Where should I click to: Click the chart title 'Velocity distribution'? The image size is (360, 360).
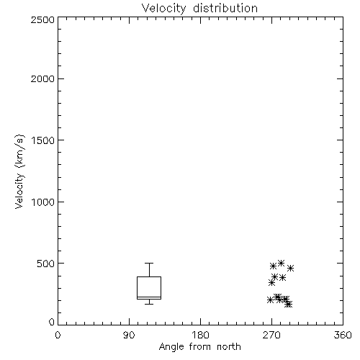tap(199, 8)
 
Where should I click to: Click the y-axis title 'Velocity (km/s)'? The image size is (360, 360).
tap(19, 171)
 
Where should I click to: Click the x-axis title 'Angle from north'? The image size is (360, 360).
tap(199, 346)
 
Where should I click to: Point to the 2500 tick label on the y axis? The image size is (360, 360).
tap(42, 19)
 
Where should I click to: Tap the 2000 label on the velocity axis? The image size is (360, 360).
tap(42, 78)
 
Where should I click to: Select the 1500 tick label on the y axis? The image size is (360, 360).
tap(43, 140)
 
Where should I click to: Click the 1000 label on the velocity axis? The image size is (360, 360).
tap(43, 202)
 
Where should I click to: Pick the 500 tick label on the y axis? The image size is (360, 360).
tap(46, 264)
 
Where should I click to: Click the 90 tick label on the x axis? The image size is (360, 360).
tap(129, 335)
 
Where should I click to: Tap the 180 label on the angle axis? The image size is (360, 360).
tap(200, 335)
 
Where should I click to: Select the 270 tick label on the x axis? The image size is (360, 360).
tap(271, 335)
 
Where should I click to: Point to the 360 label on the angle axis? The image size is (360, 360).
tap(343, 335)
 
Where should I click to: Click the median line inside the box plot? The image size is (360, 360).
tap(149, 297)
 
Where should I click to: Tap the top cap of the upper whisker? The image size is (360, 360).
tap(149, 264)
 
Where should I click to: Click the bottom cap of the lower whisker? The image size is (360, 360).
tap(149, 304)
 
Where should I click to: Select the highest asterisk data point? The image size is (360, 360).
tap(281, 264)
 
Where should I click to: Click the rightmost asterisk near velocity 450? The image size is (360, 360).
tap(290, 269)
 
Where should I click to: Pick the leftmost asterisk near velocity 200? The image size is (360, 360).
tap(270, 300)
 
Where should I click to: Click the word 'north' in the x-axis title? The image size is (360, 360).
tap(229, 346)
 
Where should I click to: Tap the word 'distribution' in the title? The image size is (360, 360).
tap(225, 8)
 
